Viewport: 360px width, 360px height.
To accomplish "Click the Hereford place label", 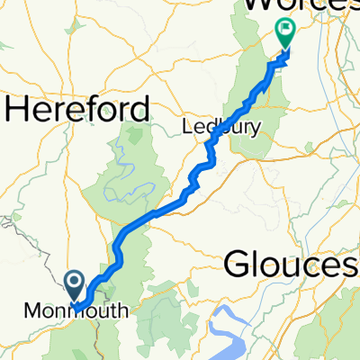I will (x=78, y=111).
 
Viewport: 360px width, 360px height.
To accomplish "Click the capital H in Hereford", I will (x=16, y=111).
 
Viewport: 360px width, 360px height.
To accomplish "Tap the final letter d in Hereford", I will (x=140, y=111).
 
